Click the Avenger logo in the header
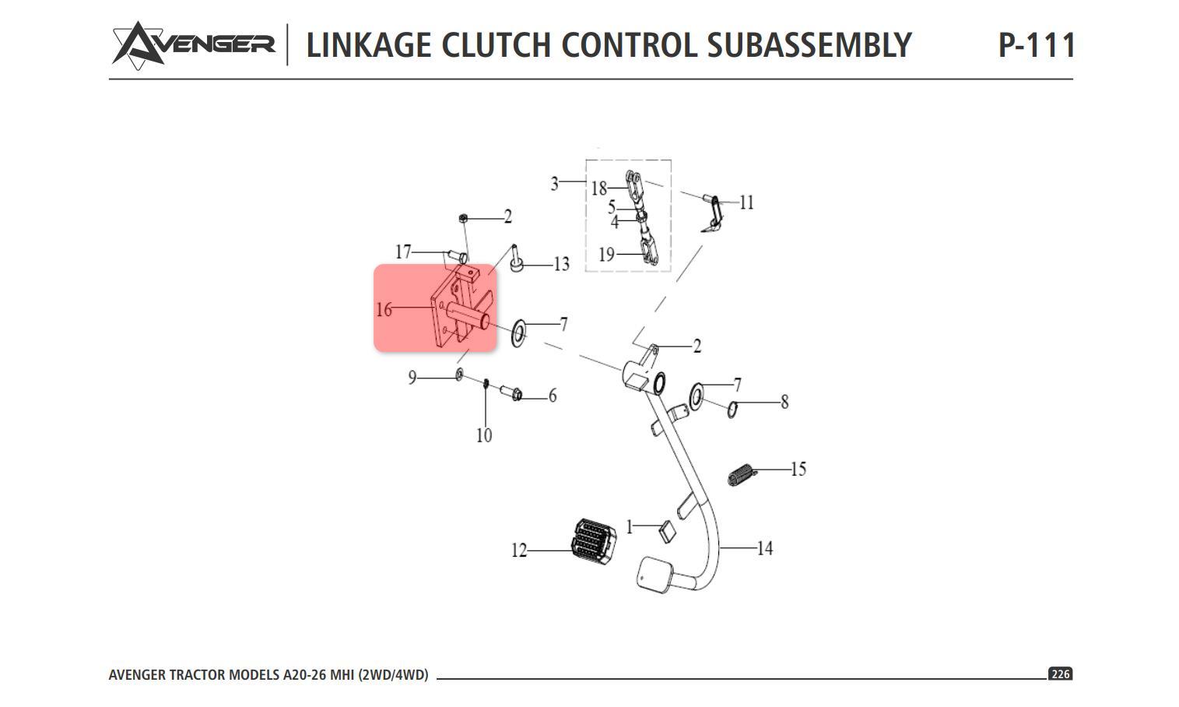click(193, 44)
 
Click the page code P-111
click(1036, 45)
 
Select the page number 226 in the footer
click(1060, 674)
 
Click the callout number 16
click(384, 310)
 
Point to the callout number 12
click(519, 550)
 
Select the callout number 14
click(765, 549)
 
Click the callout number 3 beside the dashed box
click(554, 184)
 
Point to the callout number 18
click(598, 188)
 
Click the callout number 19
click(606, 255)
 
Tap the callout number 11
click(746, 203)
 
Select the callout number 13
click(561, 265)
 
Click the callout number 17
click(403, 252)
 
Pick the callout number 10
click(484, 435)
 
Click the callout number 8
click(784, 402)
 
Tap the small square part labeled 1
click(667, 532)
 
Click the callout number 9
click(412, 378)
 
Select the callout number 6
click(553, 396)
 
